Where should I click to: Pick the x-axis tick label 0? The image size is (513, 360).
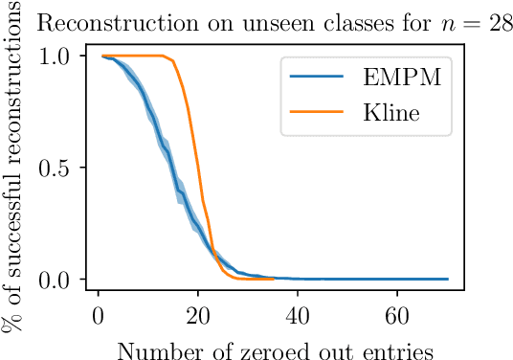[98, 316]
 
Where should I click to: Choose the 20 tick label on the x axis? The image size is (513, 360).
[198, 316]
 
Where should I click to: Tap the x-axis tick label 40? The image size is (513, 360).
[299, 316]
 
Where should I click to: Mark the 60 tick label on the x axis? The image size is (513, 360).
[398, 316]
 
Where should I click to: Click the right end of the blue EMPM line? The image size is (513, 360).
[448, 280]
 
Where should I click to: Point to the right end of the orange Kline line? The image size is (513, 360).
[274, 280]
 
